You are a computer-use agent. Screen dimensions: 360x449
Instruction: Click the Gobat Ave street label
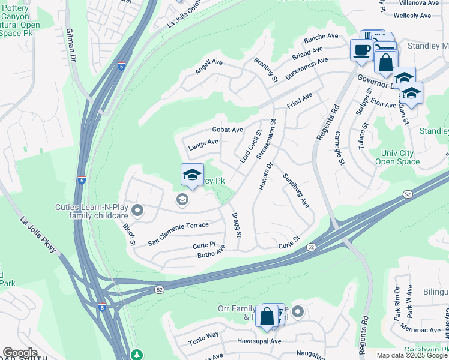tap(228, 130)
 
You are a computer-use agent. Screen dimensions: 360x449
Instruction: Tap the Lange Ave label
tap(203, 143)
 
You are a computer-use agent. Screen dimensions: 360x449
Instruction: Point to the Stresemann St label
tap(267, 138)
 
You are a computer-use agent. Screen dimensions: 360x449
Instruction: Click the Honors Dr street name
tap(265, 176)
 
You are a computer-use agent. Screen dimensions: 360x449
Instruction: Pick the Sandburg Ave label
tap(295, 191)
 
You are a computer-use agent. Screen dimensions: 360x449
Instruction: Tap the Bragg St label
tap(237, 224)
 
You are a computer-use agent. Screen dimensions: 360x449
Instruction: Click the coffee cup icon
tap(361, 50)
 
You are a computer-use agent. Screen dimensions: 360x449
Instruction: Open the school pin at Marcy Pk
tap(192, 175)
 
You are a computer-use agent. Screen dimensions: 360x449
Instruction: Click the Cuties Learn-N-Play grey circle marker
tap(137, 209)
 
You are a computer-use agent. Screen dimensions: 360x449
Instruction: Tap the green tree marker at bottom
tap(137, 355)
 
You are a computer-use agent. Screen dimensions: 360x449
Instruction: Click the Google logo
tap(20, 353)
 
